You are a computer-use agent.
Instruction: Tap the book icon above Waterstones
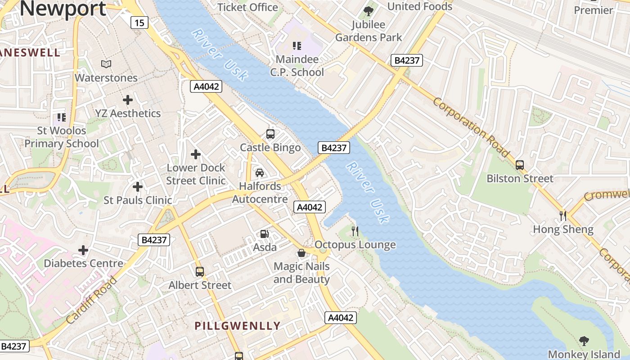pyautogui.click(x=106, y=64)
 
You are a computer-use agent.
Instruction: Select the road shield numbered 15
pyautogui.click(x=140, y=22)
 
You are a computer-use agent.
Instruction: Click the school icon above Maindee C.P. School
pyautogui.click(x=297, y=45)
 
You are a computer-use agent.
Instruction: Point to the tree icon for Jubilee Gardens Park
pyautogui.click(x=369, y=11)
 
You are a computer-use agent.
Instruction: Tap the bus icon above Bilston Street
pyautogui.click(x=520, y=165)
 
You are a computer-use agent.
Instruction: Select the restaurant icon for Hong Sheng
pyautogui.click(x=563, y=216)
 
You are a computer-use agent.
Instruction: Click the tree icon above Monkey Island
pyautogui.click(x=584, y=341)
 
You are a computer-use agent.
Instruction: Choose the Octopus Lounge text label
pyautogui.click(x=355, y=245)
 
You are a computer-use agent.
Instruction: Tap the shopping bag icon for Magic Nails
pyautogui.click(x=301, y=253)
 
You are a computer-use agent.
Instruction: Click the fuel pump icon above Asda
pyautogui.click(x=265, y=234)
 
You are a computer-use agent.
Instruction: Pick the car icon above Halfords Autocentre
pyautogui.click(x=260, y=173)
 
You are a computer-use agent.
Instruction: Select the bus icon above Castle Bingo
pyautogui.click(x=270, y=134)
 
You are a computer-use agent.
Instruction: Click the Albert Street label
pyautogui.click(x=200, y=285)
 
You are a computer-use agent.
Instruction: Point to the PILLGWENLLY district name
pyautogui.click(x=237, y=326)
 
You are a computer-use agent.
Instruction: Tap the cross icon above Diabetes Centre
pyautogui.click(x=83, y=250)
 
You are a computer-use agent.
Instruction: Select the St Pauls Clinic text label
pyautogui.click(x=138, y=200)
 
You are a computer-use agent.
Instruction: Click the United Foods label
pyautogui.click(x=419, y=6)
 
